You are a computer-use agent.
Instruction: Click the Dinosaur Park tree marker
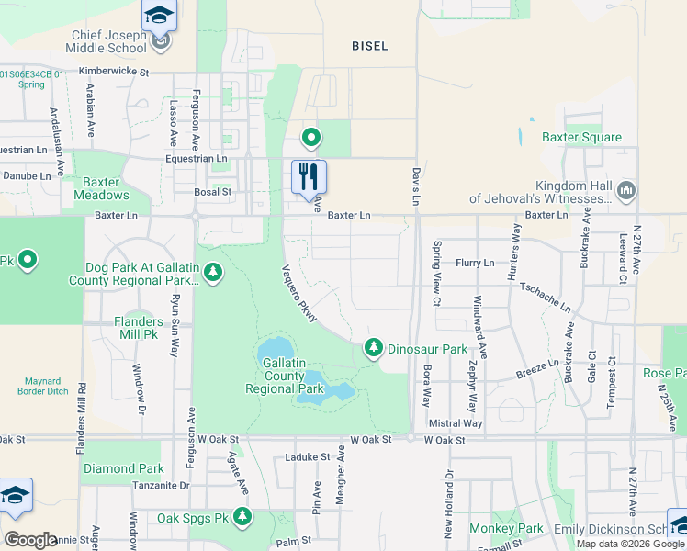(373, 347)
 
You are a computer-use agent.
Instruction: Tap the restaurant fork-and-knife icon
(309, 175)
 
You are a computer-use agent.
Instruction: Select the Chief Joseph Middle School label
(109, 42)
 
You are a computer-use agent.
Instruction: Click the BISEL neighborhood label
(370, 45)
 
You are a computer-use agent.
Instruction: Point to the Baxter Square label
(581, 138)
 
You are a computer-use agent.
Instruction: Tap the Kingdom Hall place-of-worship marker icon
(627, 190)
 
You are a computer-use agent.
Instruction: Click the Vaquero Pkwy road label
(299, 295)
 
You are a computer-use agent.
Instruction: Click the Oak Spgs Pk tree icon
(242, 518)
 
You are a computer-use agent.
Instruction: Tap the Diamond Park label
(124, 468)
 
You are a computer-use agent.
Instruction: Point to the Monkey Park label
(506, 528)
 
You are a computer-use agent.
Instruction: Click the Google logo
(30, 540)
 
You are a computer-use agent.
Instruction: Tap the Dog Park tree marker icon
(213, 273)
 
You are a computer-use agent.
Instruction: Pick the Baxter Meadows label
(101, 188)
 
